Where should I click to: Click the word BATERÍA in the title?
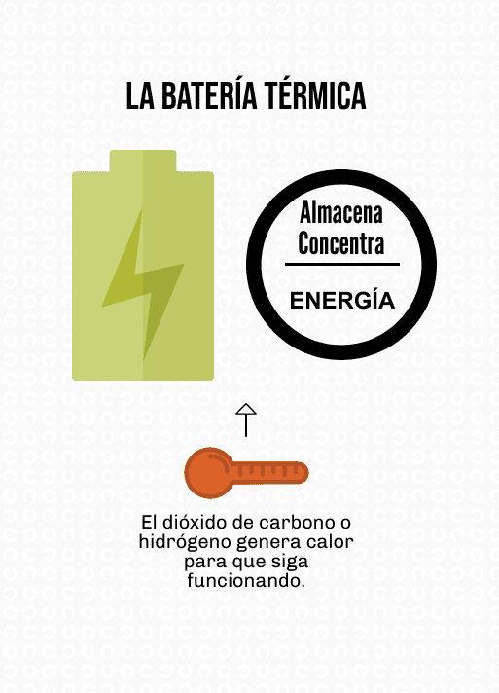coord(209,95)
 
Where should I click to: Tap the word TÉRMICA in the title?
coord(315,95)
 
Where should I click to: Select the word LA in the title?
coord(140,96)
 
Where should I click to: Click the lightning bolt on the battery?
coord(143,284)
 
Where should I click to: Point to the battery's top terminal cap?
coord(143,161)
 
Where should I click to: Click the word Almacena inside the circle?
coord(340,212)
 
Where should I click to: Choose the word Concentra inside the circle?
coord(340,242)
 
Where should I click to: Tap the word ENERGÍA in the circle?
coord(342,300)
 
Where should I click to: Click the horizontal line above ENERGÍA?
coord(342,265)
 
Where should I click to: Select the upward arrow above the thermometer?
coord(246,419)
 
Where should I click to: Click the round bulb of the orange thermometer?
coord(208,473)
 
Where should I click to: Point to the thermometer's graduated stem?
coord(269,473)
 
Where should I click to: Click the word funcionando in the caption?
coord(246,580)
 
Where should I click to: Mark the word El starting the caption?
coord(149,523)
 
